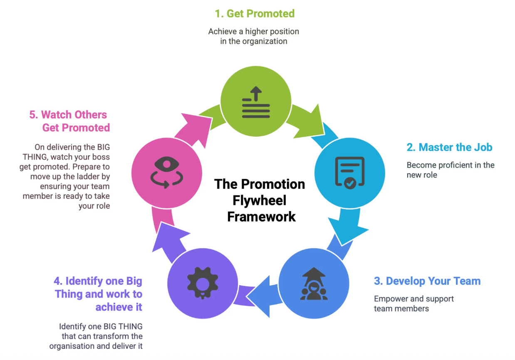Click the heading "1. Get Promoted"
(x=254, y=13)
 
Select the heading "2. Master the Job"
(x=449, y=147)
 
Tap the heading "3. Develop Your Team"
(x=427, y=281)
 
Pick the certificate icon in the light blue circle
(x=349, y=173)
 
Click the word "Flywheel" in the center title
(x=259, y=200)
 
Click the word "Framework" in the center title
(x=261, y=216)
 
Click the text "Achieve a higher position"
(x=253, y=32)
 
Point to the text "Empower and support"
(x=413, y=298)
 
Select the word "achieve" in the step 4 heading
(x=119, y=307)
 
